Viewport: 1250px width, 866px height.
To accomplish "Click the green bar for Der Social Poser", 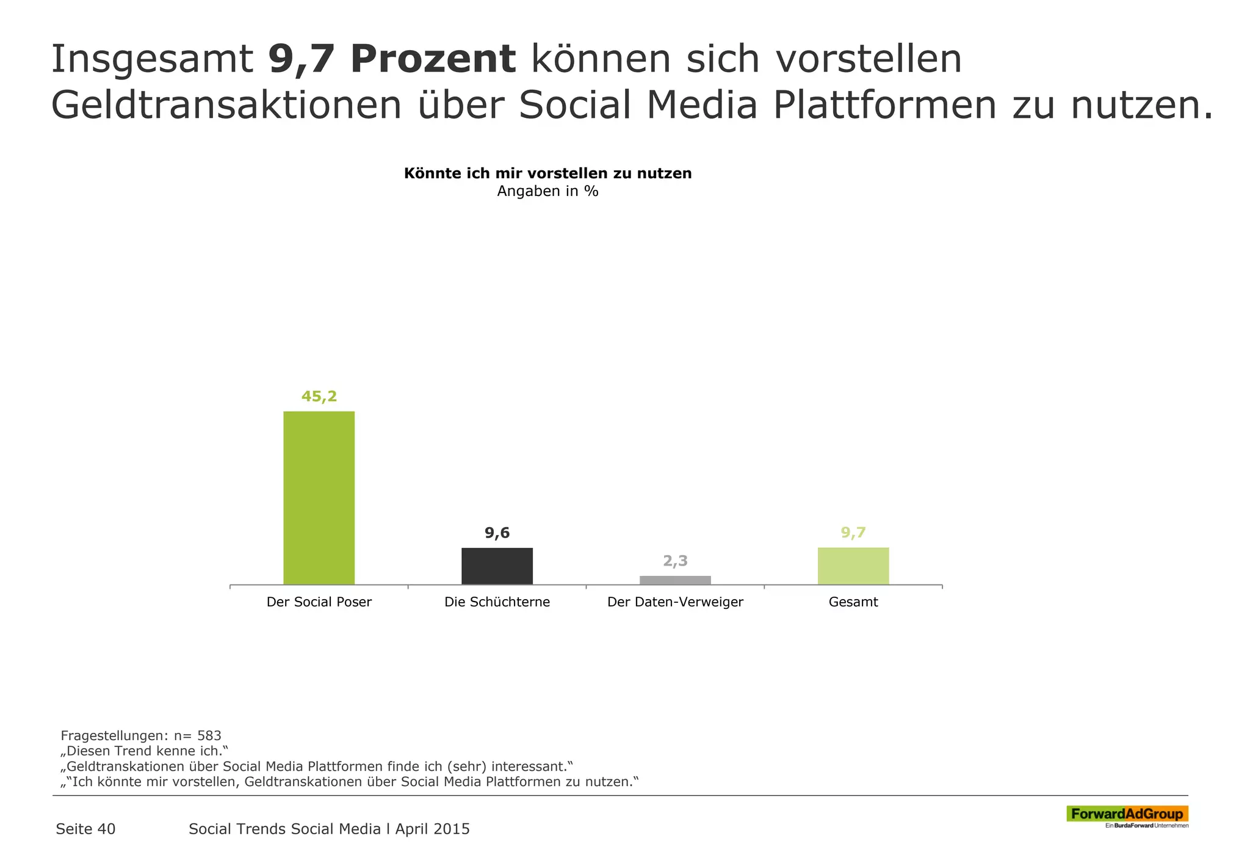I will (319, 498).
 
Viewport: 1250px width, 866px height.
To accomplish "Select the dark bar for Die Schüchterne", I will (497, 566).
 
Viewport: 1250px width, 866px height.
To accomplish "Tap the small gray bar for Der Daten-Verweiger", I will (675, 580).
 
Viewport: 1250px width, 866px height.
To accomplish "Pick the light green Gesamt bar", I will (853, 566).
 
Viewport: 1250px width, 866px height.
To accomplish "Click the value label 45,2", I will (319, 396).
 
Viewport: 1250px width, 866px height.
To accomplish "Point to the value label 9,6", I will (497, 533).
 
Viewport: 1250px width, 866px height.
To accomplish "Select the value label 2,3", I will (675, 561).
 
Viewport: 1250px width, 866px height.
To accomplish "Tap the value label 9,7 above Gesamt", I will (853, 533).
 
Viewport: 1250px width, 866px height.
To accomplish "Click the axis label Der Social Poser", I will (319, 602).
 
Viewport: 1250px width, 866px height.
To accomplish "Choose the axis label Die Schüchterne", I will (497, 602).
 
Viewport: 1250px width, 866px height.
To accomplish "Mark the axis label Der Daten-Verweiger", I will (675, 602).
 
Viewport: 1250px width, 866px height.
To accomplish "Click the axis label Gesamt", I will (853, 602).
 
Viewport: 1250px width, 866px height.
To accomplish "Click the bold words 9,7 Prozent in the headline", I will (392, 59).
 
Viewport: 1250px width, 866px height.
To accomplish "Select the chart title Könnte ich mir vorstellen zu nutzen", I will (547, 173).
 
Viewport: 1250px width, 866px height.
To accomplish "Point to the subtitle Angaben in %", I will (547, 191).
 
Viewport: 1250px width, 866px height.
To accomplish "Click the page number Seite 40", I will (85, 829).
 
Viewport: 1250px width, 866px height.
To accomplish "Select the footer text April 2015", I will (432, 829).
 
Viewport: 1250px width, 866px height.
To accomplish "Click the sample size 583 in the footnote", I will (209, 735).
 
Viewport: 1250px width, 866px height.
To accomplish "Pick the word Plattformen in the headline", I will (884, 105).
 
